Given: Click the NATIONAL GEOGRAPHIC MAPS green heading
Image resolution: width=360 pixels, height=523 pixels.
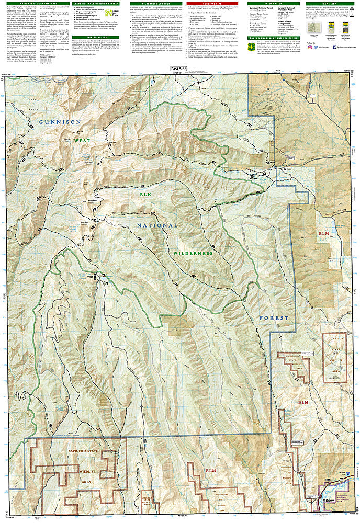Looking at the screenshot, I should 29,4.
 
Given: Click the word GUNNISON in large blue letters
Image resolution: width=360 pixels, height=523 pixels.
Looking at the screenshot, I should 60,122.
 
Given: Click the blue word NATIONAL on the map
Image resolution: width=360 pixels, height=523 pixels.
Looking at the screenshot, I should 157,225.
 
